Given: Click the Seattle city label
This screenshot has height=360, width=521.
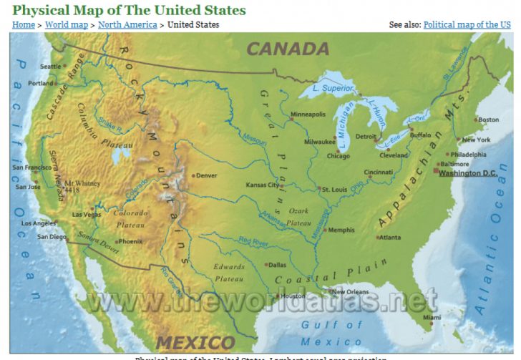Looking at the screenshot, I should click(x=50, y=67).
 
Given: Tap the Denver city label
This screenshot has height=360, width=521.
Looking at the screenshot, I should click(x=206, y=175).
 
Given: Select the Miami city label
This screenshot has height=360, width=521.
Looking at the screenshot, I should click(x=431, y=317).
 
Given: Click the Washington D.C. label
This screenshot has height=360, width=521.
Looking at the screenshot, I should click(x=467, y=173).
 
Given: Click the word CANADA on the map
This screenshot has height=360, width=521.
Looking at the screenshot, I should click(x=288, y=49).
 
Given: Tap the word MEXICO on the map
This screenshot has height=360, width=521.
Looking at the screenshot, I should click(x=195, y=342).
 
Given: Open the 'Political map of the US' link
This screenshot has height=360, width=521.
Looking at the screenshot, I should click(x=467, y=24).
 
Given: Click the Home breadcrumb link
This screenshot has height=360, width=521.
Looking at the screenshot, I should click(x=24, y=24).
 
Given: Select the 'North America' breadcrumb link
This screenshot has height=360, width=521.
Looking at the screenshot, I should click(x=127, y=24).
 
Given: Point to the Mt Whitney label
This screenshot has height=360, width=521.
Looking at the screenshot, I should click(x=82, y=184).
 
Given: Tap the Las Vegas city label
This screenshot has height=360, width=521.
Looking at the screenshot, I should click(x=86, y=214).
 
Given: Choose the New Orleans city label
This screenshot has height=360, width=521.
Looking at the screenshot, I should click(x=350, y=292).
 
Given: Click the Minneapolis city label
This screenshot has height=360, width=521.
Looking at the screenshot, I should click(x=308, y=115).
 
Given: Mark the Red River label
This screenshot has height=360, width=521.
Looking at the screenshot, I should click(x=253, y=243).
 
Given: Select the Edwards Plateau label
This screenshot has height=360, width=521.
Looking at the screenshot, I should click(x=229, y=272).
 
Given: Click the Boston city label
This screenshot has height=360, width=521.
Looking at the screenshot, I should click(x=488, y=120).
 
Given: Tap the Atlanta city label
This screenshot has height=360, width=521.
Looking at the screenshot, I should click(x=389, y=238).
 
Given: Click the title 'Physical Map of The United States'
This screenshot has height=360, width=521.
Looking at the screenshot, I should click(x=129, y=10).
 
